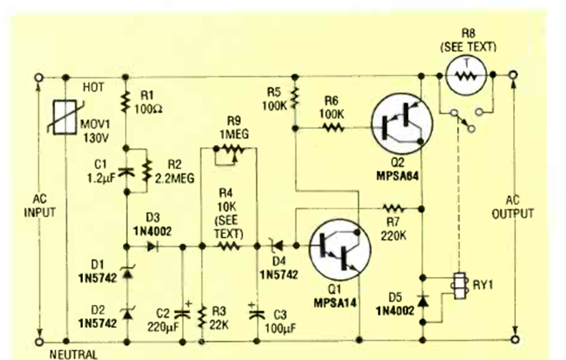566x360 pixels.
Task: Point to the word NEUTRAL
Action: click(72, 354)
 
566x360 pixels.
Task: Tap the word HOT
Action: click(93, 87)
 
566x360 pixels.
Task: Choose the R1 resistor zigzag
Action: click(125, 100)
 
